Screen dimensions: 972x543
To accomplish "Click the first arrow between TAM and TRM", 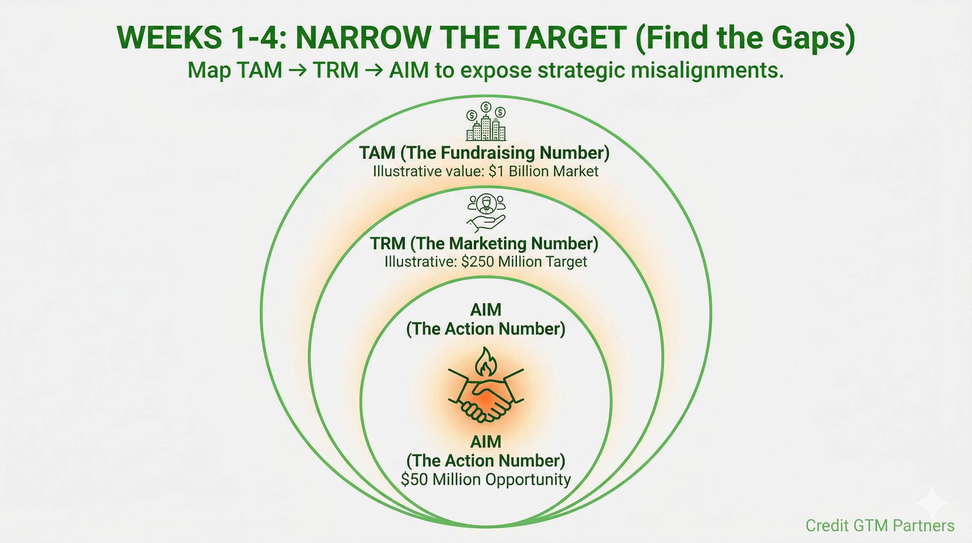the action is click(297, 71).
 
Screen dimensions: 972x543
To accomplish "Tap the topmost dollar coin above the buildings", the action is click(486, 107).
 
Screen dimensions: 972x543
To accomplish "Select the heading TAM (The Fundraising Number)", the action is click(484, 153).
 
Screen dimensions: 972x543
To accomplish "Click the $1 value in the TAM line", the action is click(497, 171).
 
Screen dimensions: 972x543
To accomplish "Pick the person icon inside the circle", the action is click(486, 204).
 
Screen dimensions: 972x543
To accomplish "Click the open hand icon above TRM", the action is click(486, 223).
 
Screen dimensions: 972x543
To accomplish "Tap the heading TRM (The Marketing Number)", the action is click(484, 244).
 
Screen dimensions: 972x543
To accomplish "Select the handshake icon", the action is click(486, 395).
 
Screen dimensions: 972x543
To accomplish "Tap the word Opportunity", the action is click(528, 480).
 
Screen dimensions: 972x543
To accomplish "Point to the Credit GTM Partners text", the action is click(880, 525).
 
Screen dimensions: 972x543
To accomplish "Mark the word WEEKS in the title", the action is click(170, 37).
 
